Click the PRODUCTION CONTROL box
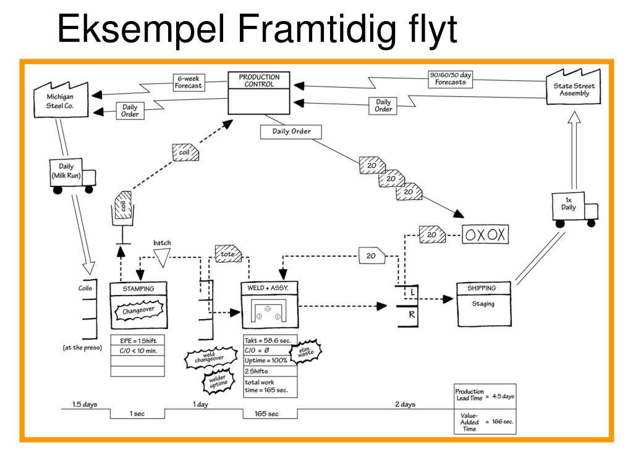pyautogui.click(x=259, y=93)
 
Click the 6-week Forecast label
pyautogui.click(x=189, y=82)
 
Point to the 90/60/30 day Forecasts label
pyautogui.click(x=450, y=78)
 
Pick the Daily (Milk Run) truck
pyautogui.click(x=71, y=175)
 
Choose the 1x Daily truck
pyautogui.click(x=573, y=206)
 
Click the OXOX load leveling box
pyautogui.click(x=485, y=235)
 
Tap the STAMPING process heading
pyautogui.click(x=138, y=288)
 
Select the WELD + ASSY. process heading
pyautogui.click(x=268, y=288)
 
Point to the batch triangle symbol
pyautogui.click(x=161, y=258)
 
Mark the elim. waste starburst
pyautogui.click(x=305, y=353)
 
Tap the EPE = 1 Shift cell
pyautogui.click(x=137, y=340)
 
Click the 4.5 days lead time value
pyautogui.click(x=503, y=396)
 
